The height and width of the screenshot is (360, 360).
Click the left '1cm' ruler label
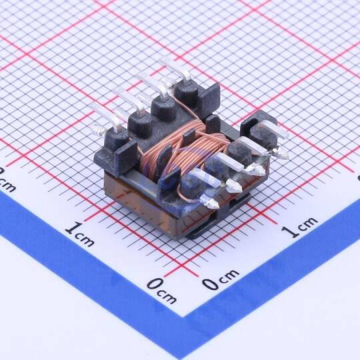[x=79, y=234]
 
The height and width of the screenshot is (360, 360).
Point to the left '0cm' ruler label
[x=162, y=290]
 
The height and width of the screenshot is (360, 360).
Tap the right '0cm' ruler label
[x=221, y=278]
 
